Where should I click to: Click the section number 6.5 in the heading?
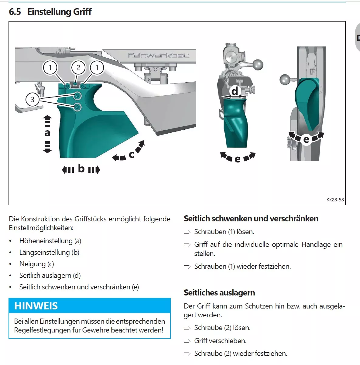pos(15,12)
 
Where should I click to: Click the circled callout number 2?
pos(78,67)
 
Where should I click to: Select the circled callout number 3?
pos(33,99)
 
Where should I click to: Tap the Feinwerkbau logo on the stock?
pos(158,55)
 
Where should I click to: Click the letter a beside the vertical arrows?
pos(47,133)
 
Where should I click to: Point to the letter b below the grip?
pos(81,168)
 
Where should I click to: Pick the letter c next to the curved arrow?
pos(131,155)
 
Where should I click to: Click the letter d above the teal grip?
pos(235,91)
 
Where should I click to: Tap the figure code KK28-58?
pos(335,200)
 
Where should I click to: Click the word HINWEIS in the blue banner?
pos(36,306)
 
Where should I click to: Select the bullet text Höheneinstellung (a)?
pos(50,241)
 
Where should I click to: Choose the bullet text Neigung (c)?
pos(36,264)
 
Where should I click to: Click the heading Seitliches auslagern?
pos(219,293)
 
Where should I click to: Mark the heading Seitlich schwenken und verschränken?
pos(251,219)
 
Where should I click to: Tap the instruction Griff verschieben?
pos(220,341)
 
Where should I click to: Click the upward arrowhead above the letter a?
pos(47,117)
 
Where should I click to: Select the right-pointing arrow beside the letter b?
pos(95,169)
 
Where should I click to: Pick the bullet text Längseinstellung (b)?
pos(49,252)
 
